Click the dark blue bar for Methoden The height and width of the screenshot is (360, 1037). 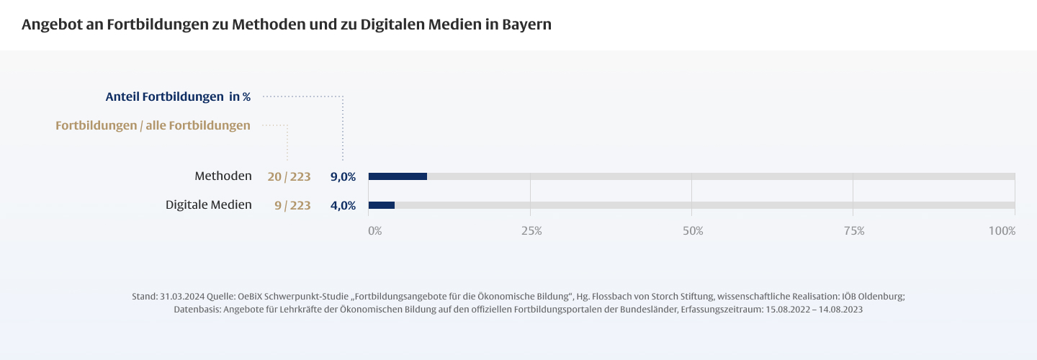point(398,176)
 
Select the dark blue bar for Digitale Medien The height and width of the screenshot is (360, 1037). point(382,205)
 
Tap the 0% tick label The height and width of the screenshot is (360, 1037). point(375,231)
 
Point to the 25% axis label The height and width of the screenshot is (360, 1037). point(531,231)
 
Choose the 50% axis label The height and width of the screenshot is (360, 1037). point(693,231)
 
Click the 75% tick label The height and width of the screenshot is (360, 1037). point(854,231)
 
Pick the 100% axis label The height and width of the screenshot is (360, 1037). point(1002,231)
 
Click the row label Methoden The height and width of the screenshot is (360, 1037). point(223,176)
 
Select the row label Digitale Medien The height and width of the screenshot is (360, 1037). point(209,204)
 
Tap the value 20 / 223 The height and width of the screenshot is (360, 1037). point(289,176)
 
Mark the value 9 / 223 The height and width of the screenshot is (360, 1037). point(292,205)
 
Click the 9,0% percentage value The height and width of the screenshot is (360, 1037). point(343,176)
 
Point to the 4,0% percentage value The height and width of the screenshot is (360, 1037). point(343,205)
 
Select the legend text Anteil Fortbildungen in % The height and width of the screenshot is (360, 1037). point(178,96)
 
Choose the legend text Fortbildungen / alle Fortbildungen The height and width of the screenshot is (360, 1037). point(153,126)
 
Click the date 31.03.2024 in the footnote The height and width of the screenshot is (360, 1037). point(183,297)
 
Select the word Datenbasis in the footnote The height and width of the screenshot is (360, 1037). point(197,309)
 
